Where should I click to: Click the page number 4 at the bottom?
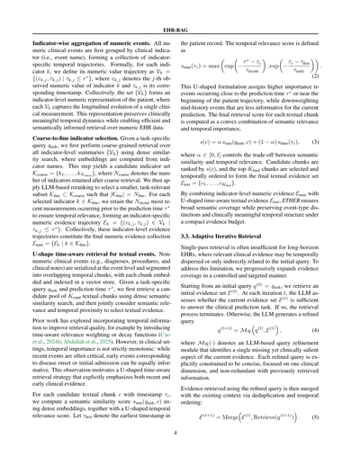[180, 442]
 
